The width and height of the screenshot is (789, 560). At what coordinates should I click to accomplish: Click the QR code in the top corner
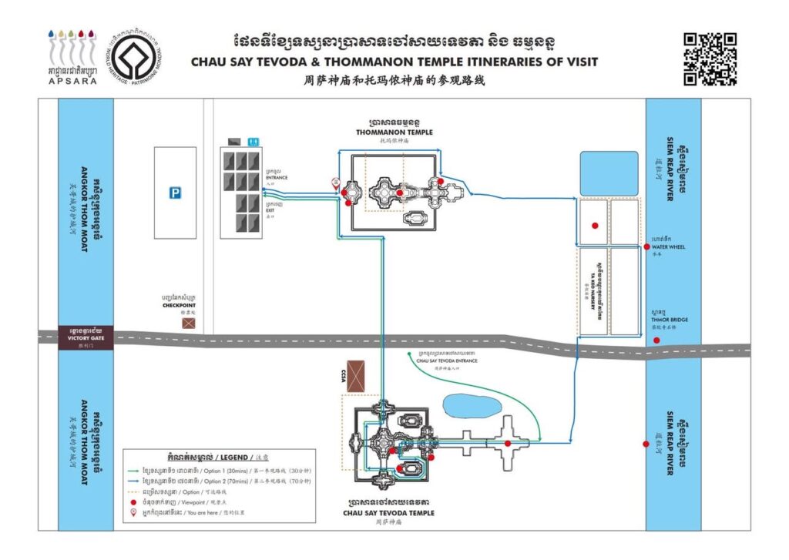pyautogui.click(x=710, y=59)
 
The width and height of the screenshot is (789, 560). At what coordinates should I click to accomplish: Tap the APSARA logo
pyautogui.click(x=72, y=58)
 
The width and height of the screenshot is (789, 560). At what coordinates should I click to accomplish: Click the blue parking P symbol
pyautogui.click(x=176, y=193)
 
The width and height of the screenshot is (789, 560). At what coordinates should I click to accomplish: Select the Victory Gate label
pyautogui.click(x=85, y=337)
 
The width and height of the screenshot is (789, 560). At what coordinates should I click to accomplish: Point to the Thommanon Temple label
pyautogui.click(x=388, y=132)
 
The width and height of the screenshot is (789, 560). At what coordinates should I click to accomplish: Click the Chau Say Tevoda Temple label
pyautogui.click(x=389, y=513)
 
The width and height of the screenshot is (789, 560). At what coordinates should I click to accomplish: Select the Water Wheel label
pyautogui.click(x=669, y=247)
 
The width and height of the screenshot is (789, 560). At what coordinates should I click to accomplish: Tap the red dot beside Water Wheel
pyautogui.click(x=646, y=246)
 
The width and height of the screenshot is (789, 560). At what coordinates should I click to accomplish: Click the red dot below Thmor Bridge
pyautogui.click(x=656, y=340)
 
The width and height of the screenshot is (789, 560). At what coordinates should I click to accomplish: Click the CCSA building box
pyautogui.click(x=356, y=376)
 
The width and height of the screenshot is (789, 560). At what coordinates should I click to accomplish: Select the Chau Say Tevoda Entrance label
pyautogui.click(x=446, y=360)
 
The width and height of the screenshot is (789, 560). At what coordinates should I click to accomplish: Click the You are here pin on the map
pyautogui.click(x=334, y=183)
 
